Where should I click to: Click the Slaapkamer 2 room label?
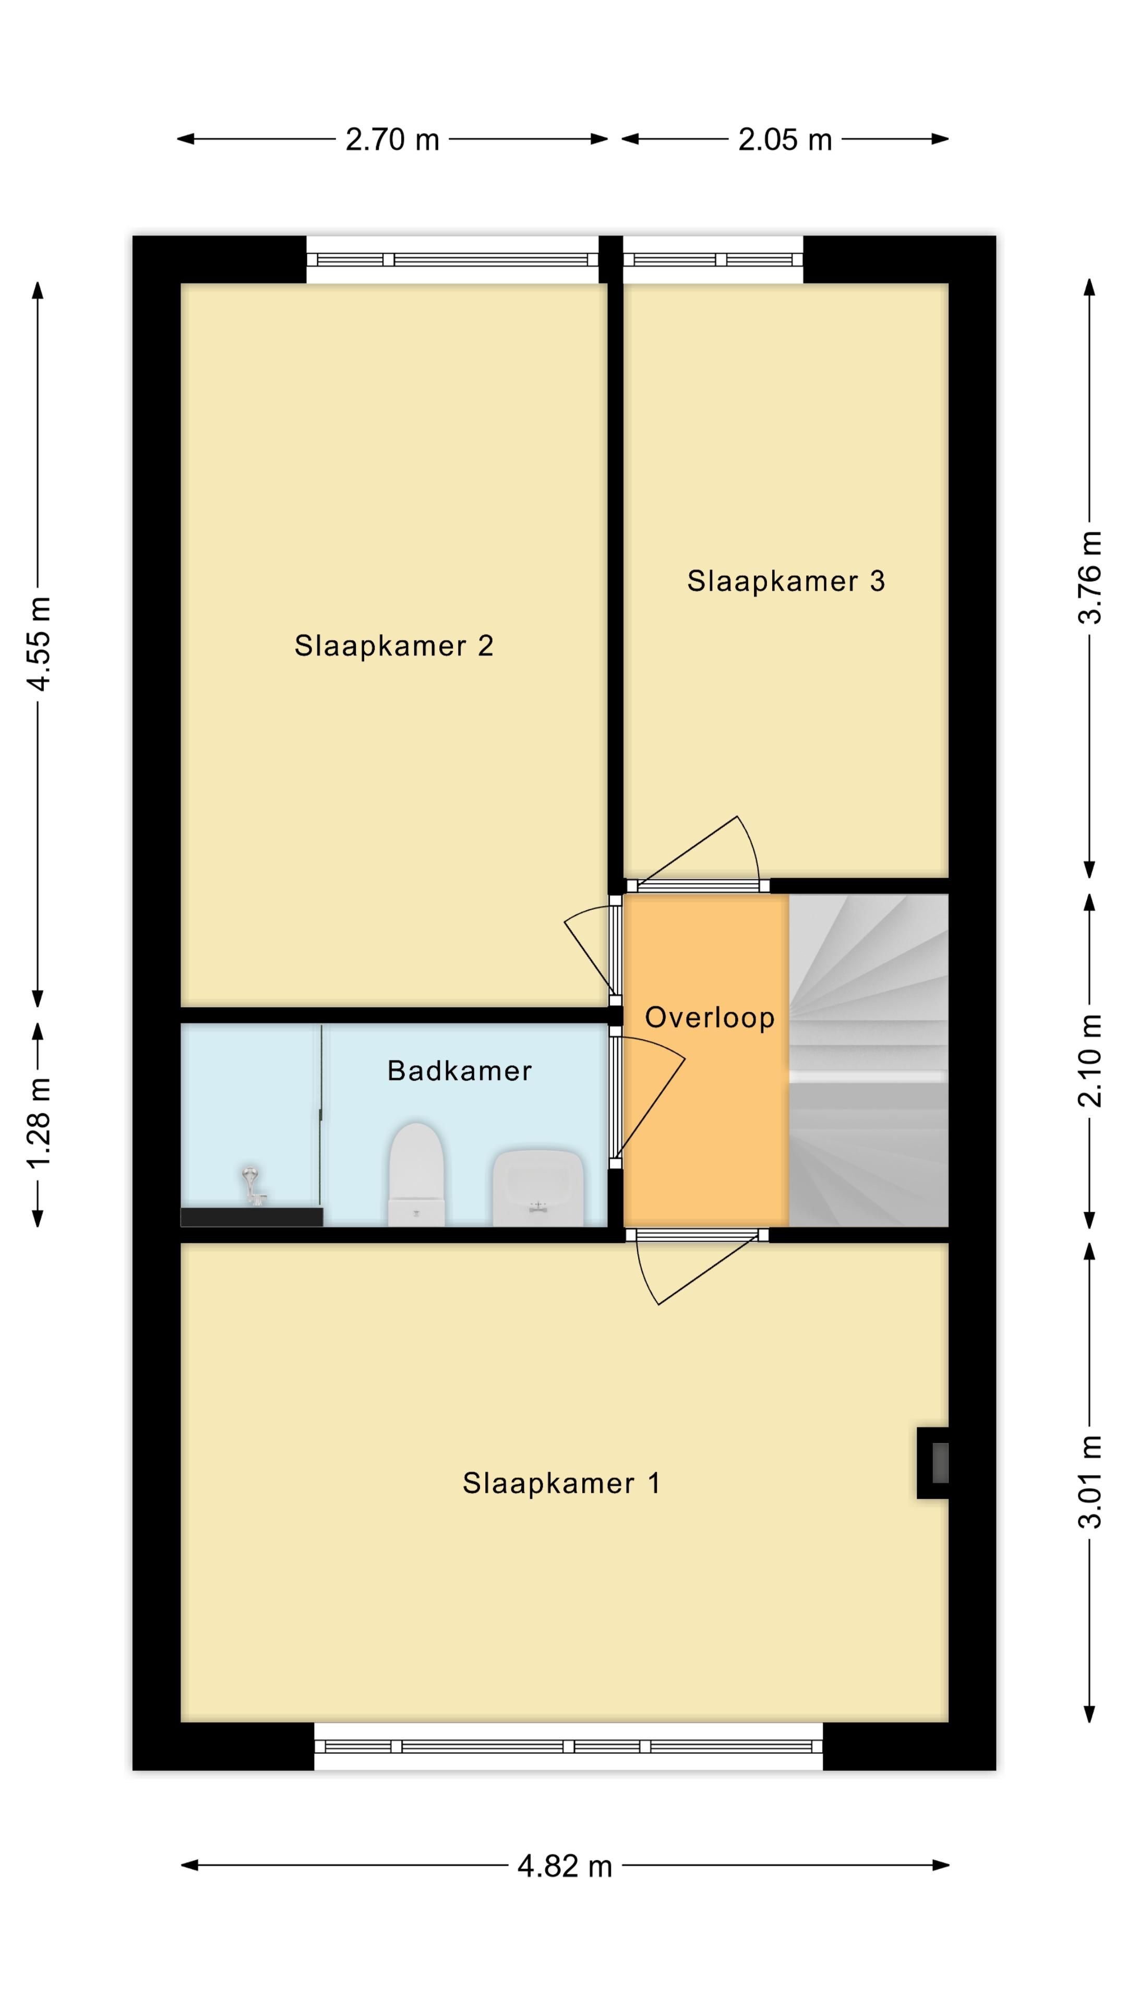(393, 646)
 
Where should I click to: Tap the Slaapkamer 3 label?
(786, 581)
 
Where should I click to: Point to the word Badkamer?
(459, 1071)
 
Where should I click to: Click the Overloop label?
(710, 1018)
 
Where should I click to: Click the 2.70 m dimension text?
(392, 140)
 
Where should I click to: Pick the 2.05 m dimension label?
(785, 140)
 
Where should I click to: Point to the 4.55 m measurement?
(39, 643)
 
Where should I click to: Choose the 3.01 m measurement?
(1089, 1482)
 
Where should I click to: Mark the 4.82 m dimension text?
(565, 1866)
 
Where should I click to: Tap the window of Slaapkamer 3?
(712, 260)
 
